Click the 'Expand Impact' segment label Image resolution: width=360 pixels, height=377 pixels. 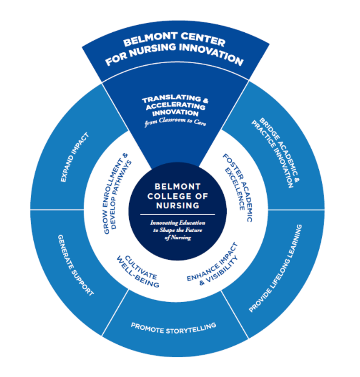[x=75, y=157]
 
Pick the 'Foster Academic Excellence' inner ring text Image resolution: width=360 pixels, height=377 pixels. [x=237, y=187]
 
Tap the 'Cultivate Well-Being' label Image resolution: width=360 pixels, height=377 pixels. [x=138, y=272]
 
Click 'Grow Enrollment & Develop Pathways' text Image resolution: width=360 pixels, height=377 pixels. [x=117, y=193]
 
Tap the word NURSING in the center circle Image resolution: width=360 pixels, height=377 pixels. [x=177, y=205]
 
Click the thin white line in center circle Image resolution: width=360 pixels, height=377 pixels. [x=177, y=214]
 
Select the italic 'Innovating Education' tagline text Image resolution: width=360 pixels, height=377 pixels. [x=177, y=223]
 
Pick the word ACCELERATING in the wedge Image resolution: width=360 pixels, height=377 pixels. [x=176, y=106]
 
